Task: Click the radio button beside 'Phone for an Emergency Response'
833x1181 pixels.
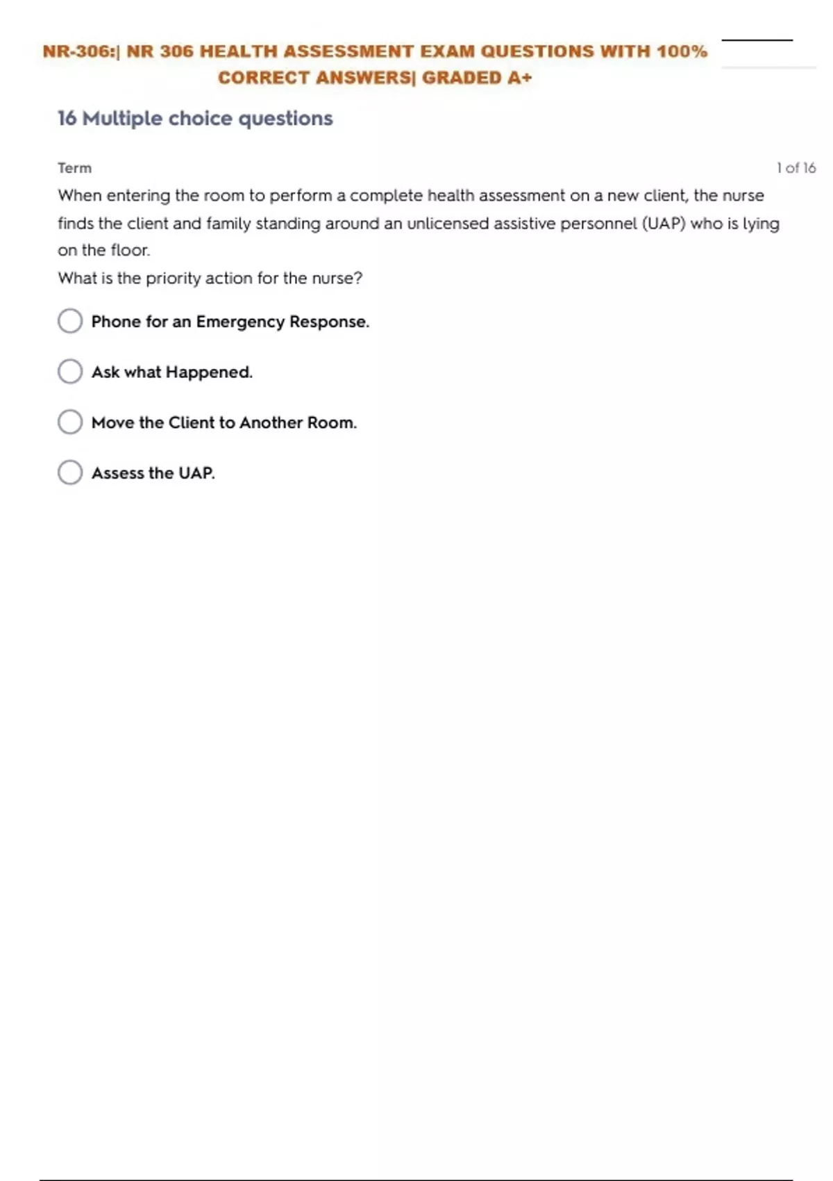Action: (70, 321)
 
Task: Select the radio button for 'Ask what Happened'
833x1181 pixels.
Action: (70, 372)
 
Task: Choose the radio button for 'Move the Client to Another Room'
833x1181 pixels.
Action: (70, 422)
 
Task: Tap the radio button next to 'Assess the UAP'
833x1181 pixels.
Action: (70, 472)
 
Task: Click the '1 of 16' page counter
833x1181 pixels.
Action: (796, 168)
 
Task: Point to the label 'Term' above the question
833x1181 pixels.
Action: (74, 168)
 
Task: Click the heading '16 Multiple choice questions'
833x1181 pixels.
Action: (195, 119)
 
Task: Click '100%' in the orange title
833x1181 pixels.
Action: (682, 51)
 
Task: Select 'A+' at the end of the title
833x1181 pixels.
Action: (519, 78)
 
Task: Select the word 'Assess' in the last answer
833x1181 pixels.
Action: (117, 473)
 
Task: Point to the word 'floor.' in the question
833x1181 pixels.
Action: (130, 251)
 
